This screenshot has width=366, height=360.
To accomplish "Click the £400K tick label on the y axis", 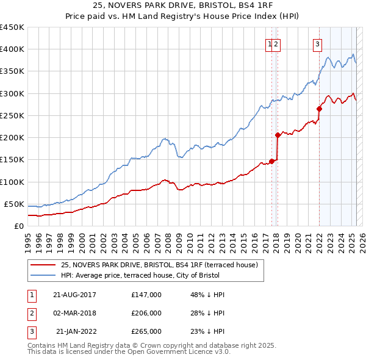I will tap(12, 49).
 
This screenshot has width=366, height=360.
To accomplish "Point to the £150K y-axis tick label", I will tap(12, 160).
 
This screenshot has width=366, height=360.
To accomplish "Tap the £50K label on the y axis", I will tap(14, 204).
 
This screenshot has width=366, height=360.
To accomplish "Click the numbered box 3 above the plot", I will tap(318, 43).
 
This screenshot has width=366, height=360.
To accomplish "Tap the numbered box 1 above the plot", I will tap(269, 43).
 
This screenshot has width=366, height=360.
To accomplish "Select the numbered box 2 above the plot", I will tap(276, 43).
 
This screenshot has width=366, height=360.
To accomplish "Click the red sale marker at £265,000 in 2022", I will tap(319, 109).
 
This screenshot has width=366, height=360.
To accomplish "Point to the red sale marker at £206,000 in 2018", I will tap(278, 135).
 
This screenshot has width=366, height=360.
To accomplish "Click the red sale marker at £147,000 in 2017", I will tap(272, 161).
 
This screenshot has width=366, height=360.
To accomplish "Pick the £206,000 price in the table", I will tap(146, 313).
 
